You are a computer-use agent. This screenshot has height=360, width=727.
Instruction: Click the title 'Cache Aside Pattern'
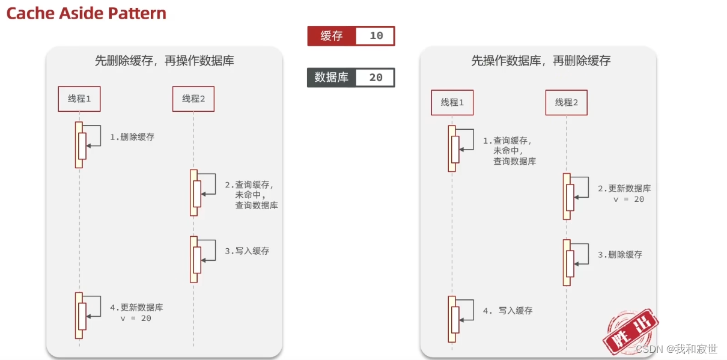click(87, 13)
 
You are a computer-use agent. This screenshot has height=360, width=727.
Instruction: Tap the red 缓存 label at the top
click(331, 36)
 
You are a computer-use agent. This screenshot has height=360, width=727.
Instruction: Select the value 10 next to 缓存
click(376, 36)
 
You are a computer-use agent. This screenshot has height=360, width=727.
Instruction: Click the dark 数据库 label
click(331, 78)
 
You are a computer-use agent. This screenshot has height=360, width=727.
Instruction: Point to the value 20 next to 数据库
click(376, 78)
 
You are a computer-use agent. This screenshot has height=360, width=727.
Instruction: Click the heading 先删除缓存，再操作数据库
click(164, 61)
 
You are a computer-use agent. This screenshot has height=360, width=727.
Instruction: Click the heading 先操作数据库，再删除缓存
click(541, 61)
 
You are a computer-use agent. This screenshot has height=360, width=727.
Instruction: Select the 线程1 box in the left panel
click(79, 99)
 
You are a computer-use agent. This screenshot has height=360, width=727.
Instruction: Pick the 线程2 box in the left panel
click(193, 99)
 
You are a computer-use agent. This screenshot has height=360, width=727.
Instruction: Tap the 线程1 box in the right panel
click(452, 102)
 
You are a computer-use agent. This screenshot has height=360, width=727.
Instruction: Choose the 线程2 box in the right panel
click(566, 102)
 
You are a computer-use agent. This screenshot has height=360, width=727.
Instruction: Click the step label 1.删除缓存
click(132, 137)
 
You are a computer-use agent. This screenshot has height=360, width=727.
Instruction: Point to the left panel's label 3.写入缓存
click(247, 251)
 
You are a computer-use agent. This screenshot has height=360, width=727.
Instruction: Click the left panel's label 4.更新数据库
click(136, 308)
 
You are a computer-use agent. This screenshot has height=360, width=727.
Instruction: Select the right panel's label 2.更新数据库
click(624, 189)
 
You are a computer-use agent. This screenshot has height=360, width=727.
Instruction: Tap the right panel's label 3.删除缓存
click(619, 255)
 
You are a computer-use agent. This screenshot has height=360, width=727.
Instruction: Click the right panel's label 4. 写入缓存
click(508, 311)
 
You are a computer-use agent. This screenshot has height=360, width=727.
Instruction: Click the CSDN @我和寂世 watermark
click(677, 349)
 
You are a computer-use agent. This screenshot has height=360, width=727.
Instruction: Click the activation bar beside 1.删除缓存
click(79, 144)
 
